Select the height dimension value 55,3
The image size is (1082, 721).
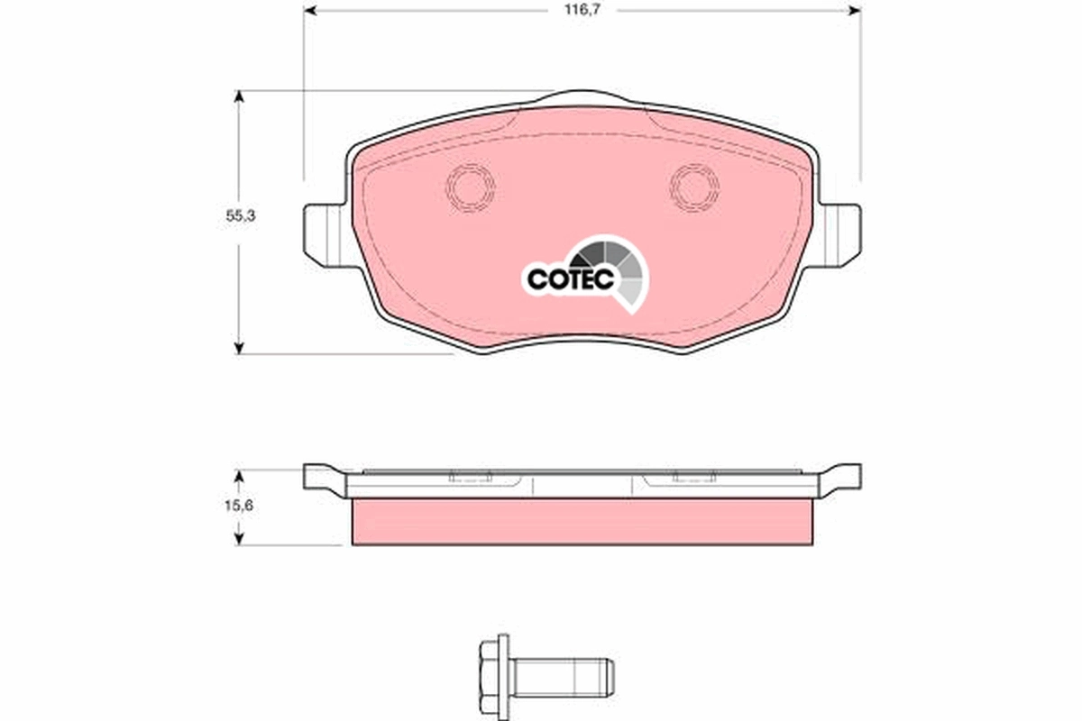pyautogui.click(x=239, y=217)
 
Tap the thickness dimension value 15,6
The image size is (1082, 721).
pyautogui.click(x=239, y=507)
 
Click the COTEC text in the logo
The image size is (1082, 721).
pyautogui.click(x=571, y=278)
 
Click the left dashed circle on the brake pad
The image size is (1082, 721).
pyautogui.click(x=471, y=188)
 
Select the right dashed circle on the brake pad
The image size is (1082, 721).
pyautogui.click(x=694, y=188)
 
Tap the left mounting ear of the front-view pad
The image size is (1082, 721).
pyautogui.click(x=322, y=233)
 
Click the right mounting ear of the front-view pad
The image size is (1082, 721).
pyautogui.click(x=840, y=233)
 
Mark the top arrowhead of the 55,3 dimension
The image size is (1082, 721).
pyautogui.click(x=239, y=96)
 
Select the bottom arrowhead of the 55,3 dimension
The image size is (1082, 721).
pyautogui.click(x=239, y=347)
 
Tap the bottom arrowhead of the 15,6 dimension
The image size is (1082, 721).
pyautogui.click(x=239, y=538)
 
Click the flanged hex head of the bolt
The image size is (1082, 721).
pyautogui.click(x=493, y=672)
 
